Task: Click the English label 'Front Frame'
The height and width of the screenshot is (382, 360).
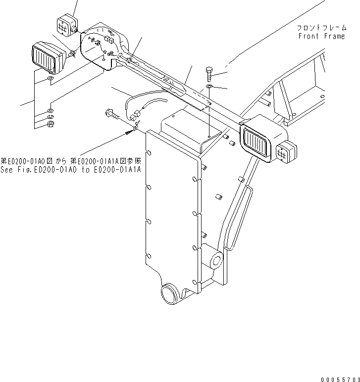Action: coord(321,36)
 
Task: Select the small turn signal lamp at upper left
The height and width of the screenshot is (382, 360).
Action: coord(65,25)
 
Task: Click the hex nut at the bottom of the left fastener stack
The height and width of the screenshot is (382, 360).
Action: coord(50,124)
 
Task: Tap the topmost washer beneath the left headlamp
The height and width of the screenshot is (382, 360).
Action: coord(50,79)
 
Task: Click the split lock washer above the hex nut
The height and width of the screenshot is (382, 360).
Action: coord(50,117)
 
